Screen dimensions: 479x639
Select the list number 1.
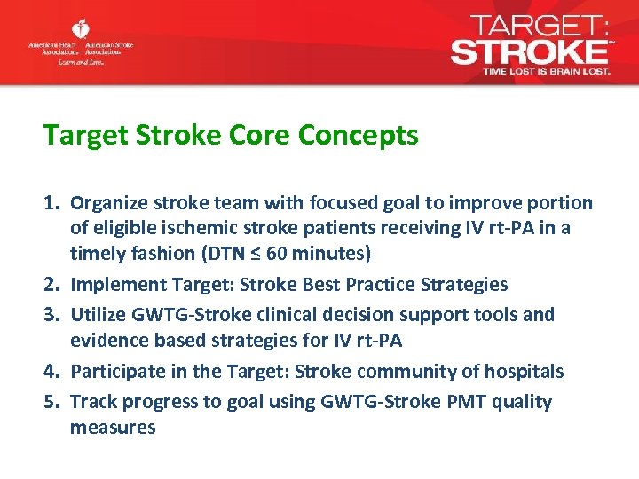(x=51, y=203)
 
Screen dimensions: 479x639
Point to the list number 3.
(x=51, y=314)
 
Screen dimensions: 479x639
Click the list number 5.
(x=51, y=402)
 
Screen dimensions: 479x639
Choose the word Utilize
(x=98, y=314)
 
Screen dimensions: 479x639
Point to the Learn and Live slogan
(x=82, y=63)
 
